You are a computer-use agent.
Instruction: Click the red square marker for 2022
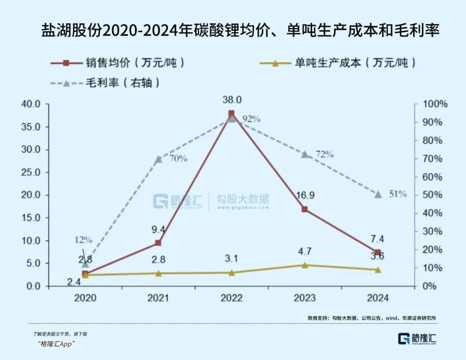tap(231, 113)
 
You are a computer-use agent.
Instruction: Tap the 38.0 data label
tap(231, 100)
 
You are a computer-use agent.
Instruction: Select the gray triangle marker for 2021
tap(158, 159)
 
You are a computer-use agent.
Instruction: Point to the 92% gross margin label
tap(251, 119)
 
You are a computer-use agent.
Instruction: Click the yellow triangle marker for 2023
tap(305, 265)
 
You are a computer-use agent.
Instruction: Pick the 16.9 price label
tap(305, 195)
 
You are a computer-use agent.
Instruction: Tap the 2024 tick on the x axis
tap(378, 298)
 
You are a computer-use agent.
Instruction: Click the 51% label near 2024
tap(397, 194)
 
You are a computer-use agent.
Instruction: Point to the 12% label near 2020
tap(82, 240)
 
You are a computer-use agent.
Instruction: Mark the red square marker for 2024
tap(378, 253)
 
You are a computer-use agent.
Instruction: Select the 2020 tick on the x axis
tap(85, 298)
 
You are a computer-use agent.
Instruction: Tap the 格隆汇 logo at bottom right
tap(417, 338)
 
